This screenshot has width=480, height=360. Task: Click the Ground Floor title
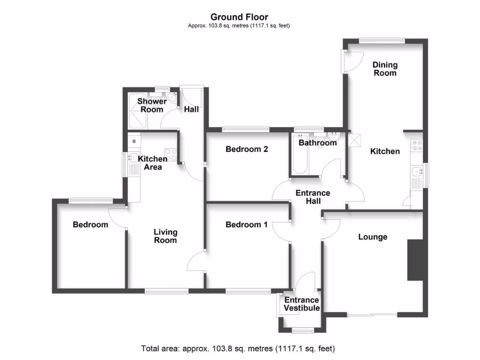coord(239,17)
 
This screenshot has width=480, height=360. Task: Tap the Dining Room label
coord(385,68)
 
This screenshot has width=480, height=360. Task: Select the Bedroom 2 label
coord(247,149)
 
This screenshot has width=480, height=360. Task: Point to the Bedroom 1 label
coord(247,225)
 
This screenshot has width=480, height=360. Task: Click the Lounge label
coord(373,237)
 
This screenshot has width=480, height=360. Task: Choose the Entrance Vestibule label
coord(302,304)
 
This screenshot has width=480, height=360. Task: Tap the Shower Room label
coord(152,105)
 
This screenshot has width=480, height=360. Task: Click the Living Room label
coord(166,236)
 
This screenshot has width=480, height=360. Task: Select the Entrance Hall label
coord(313,197)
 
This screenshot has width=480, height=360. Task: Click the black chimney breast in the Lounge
coord(415,260)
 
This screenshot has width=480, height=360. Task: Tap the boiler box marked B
coord(135,141)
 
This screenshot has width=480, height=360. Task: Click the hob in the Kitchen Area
coord(170,154)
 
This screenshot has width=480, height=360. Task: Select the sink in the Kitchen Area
coord(132,164)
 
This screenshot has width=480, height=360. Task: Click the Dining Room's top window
coord(382,40)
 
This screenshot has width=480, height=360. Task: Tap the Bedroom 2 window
coord(246,128)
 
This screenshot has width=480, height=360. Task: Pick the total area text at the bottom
coord(238,349)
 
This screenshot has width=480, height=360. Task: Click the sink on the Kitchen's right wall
coord(415,173)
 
